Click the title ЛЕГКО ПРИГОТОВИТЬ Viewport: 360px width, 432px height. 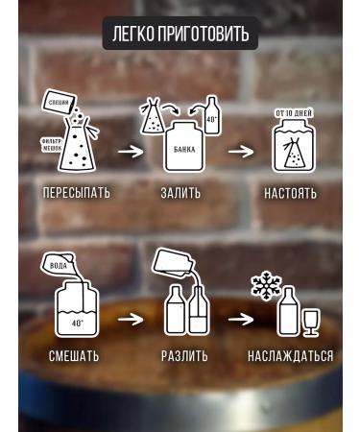(x=180, y=35)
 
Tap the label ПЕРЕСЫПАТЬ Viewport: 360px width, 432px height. (x=76, y=193)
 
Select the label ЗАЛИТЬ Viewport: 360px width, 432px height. (x=180, y=193)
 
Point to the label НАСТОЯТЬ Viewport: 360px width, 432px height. (x=290, y=193)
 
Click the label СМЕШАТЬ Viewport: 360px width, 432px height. (x=74, y=356)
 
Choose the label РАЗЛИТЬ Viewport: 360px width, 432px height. (x=184, y=356)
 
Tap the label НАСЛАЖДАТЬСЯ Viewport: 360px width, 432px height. (x=290, y=356)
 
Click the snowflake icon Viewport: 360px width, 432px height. (x=263, y=285)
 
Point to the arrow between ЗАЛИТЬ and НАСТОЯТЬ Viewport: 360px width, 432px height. (x=241, y=151)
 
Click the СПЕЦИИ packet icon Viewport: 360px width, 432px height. (x=60, y=103)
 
